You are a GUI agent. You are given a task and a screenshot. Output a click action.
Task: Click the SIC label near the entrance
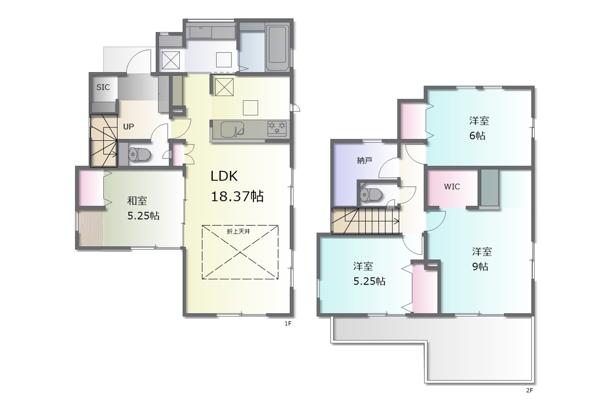tap(103, 87)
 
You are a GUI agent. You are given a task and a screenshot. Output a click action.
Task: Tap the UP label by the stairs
tap(129, 127)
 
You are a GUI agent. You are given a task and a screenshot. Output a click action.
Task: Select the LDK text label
tap(224, 176)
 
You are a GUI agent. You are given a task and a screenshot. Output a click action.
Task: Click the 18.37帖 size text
tap(237, 196)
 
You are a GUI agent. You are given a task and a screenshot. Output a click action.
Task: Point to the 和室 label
tap(137, 201)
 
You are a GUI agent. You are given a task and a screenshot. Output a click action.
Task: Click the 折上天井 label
tap(239, 232)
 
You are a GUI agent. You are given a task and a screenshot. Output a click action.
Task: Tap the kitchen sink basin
tap(232, 129)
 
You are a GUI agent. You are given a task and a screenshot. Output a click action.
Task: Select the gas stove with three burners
tap(277, 128)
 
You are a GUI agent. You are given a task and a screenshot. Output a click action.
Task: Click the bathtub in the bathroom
tap(277, 48)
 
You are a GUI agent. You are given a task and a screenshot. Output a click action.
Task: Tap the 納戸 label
tap(364, 160)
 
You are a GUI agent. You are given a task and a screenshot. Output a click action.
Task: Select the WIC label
tap(452, 187)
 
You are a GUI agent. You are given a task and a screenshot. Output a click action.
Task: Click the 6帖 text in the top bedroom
tap(477, 136)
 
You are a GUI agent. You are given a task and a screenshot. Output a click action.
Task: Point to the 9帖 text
tap(480, 266)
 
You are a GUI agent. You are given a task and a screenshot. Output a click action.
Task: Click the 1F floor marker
tap(288, 324)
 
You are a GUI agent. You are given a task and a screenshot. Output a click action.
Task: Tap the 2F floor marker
tap(529, 391)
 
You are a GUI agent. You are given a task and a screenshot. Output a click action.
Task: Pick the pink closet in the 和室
tap(91, 188)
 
